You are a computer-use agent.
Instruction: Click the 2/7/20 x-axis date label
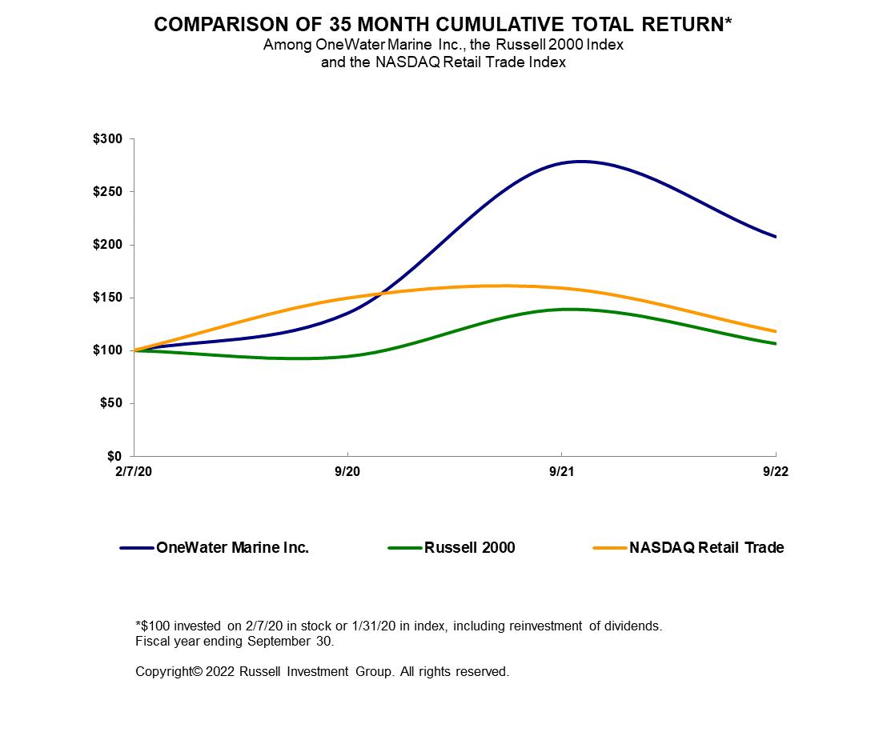coord(134,472)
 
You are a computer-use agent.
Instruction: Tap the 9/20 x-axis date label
coord(347,472)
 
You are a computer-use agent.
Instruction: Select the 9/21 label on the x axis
coord(561,472)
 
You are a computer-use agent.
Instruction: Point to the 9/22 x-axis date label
coord(775,472)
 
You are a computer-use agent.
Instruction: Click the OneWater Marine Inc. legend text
coord(232,548)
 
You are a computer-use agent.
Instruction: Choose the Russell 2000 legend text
coord(470,548)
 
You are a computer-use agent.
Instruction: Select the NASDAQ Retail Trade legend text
coord(706,548)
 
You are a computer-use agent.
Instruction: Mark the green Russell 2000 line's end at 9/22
coord(775,343)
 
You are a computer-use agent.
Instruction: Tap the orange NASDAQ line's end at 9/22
coord(775,331)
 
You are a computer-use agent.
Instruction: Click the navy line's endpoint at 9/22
coord(775,236)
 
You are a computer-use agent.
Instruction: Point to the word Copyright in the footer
coord(164,672)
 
